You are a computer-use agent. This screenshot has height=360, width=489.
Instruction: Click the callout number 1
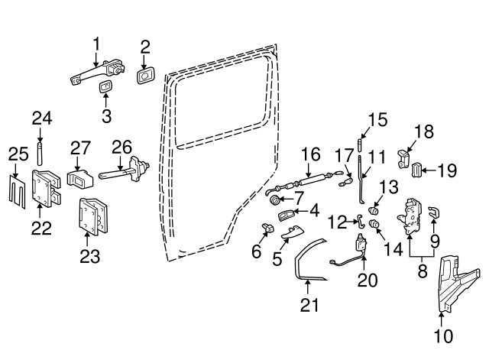97,43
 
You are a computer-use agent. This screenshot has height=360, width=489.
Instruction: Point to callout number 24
41,118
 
